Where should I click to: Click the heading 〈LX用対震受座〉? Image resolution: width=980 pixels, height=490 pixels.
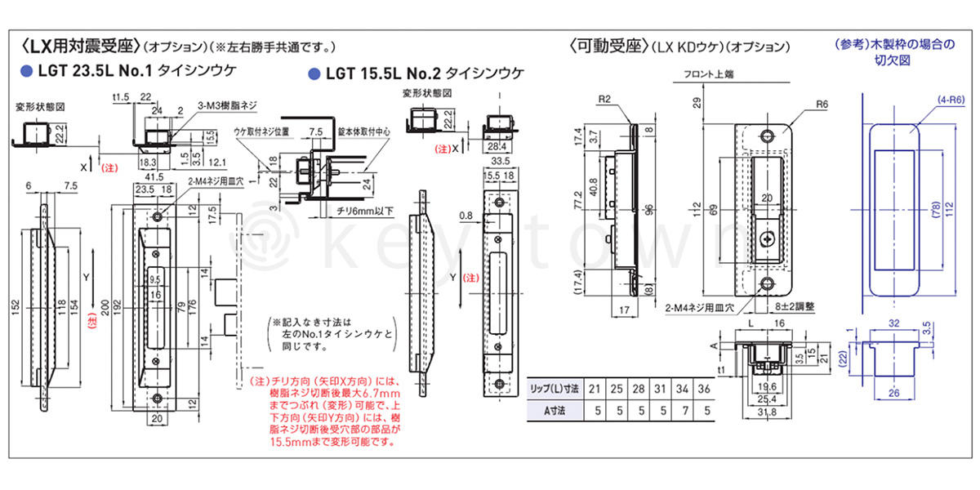82,45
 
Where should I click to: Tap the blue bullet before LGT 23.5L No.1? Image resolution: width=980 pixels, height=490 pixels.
26,71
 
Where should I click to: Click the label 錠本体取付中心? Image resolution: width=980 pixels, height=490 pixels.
360,130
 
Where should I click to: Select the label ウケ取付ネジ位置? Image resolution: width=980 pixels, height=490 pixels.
261,130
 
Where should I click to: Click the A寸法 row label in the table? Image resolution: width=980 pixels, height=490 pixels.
555,411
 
